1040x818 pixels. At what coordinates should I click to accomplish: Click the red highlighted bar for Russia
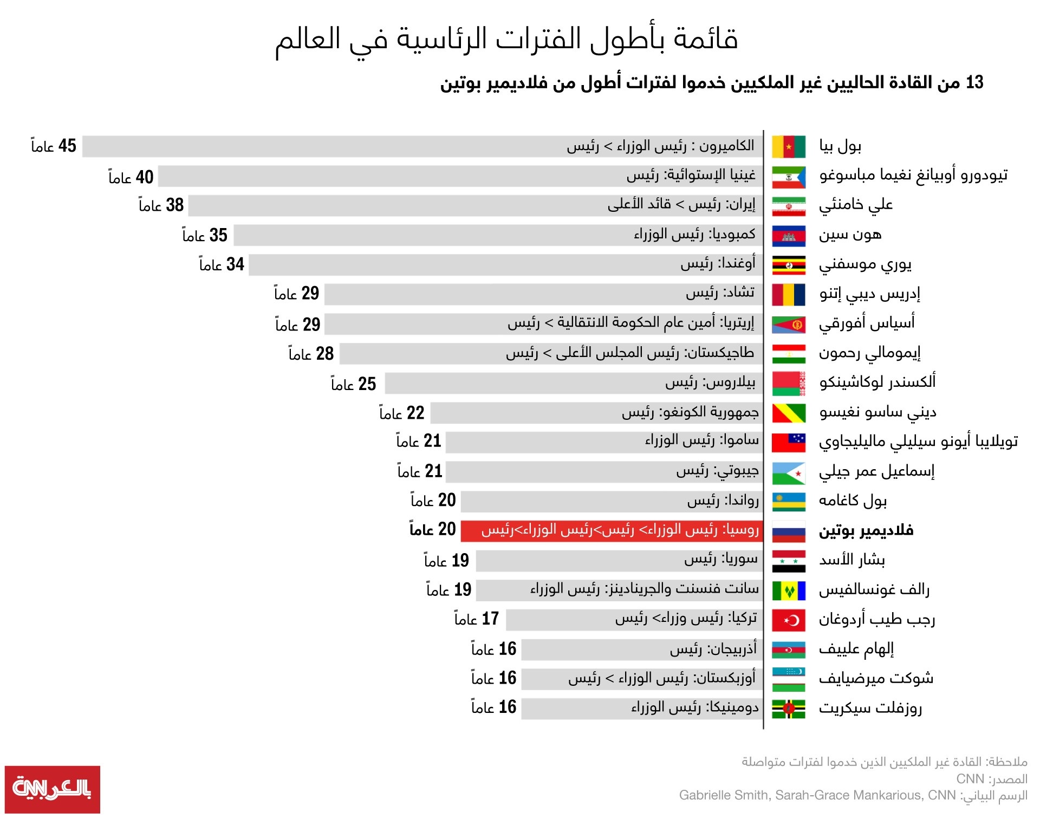point(612,530)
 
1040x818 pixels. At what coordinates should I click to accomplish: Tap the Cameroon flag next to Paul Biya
point(788,146)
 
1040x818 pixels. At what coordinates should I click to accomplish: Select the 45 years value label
point(54,146)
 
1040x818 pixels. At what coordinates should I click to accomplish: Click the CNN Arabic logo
point(52,789)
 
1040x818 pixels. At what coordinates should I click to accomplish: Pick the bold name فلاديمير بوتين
point(866,530)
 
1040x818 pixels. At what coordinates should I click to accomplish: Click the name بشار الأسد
point(851,560)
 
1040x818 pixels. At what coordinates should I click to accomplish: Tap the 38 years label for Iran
point(161,205)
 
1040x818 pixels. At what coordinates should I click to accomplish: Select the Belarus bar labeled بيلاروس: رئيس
point(574,383)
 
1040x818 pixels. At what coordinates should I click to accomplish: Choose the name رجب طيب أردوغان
point(876,619)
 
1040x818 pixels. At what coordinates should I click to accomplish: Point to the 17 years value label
point(476,619)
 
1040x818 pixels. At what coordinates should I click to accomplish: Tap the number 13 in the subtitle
point(974,82)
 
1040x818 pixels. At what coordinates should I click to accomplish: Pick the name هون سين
point(850,235)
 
